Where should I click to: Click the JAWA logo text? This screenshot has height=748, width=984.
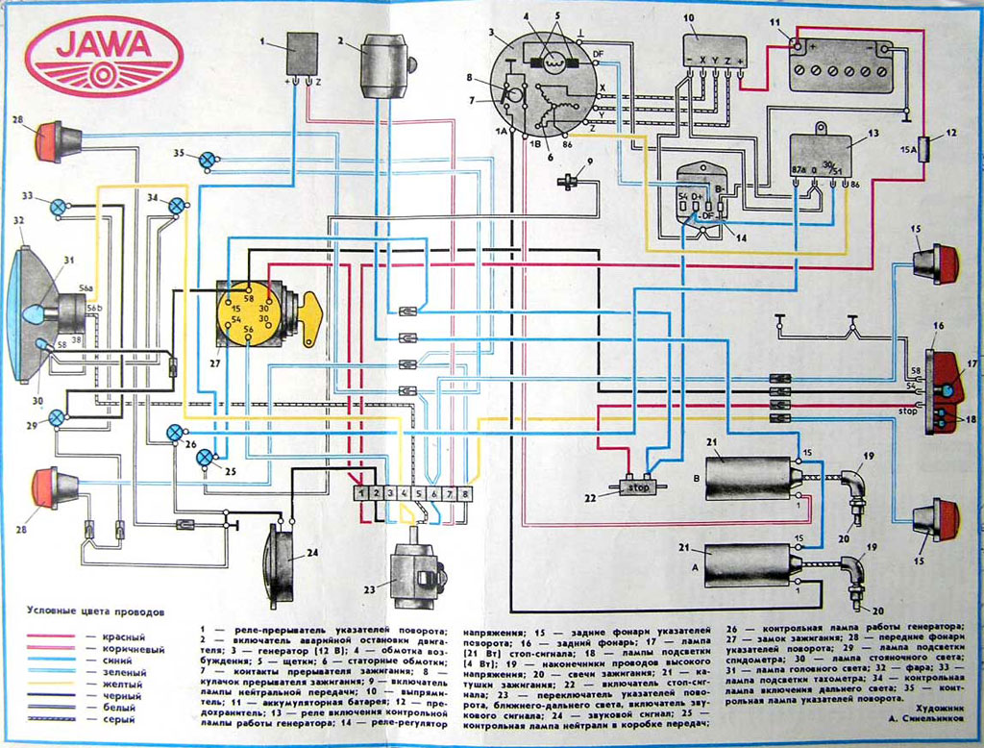104,47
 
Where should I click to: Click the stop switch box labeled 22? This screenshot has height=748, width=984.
638,486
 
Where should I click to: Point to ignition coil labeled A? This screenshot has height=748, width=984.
746,564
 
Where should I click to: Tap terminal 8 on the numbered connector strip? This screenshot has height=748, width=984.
466,493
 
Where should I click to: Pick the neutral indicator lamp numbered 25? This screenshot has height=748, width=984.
206,459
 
